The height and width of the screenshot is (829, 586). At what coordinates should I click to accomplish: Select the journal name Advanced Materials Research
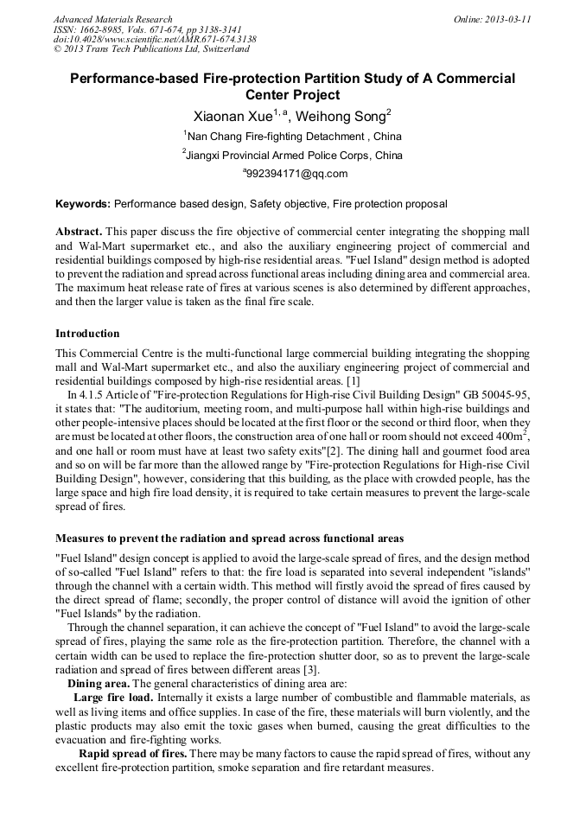[x=112, y=19]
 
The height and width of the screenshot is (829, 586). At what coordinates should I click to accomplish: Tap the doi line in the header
[x=155, y=39]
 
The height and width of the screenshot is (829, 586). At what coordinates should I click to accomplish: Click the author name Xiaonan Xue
[x=232, y=116]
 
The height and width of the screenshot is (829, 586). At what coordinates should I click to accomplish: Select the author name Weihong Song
[x=343, y=116]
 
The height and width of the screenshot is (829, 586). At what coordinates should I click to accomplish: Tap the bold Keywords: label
[x=83, y=204]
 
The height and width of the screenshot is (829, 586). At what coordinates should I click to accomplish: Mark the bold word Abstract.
[x=80, y=233]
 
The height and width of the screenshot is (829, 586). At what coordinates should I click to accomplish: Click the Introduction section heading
[x=87, y=334]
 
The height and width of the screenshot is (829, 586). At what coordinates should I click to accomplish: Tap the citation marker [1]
[x=354, y=380]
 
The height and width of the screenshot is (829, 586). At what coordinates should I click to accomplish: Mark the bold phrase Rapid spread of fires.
[x=132, y=754]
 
